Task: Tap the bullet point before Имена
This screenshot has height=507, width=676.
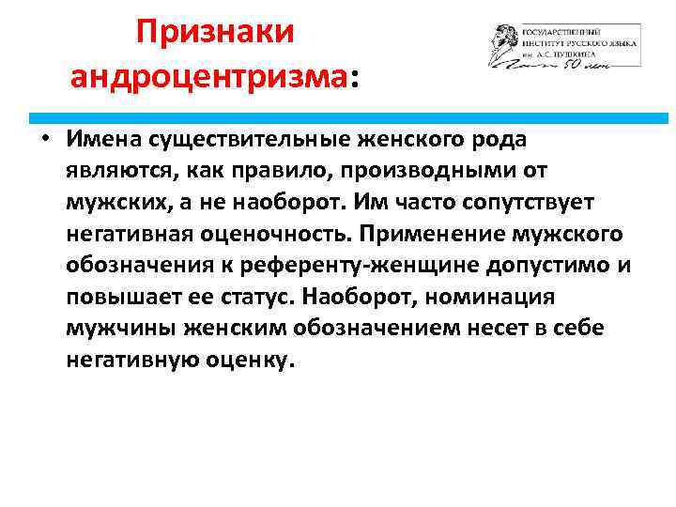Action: click(x=44, y=138)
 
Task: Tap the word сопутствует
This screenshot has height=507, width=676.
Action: click(x=508, y=203)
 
